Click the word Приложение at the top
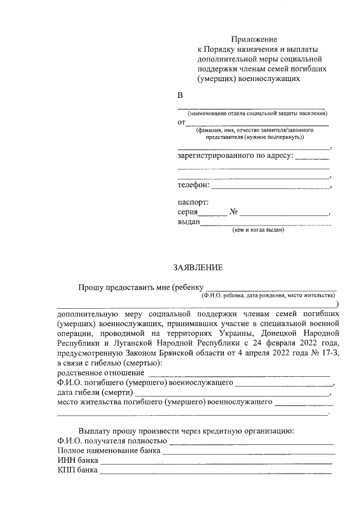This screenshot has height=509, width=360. click(254, 39)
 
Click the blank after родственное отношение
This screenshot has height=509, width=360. click(238, 374)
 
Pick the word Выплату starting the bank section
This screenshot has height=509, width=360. click(96, 431)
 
